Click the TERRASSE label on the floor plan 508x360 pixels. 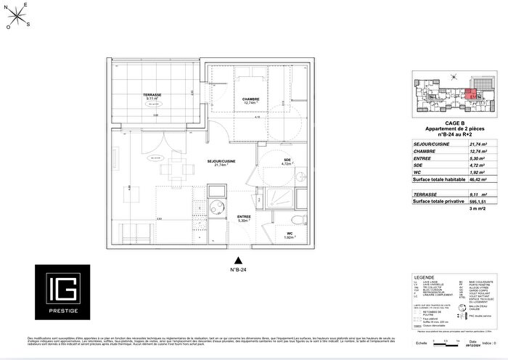click(152, 95)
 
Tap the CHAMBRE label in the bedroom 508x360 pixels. click(251, 99)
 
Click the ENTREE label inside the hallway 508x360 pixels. click(245, 217)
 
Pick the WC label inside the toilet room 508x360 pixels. click(289, 233)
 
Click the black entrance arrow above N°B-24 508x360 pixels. click(236, 260)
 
